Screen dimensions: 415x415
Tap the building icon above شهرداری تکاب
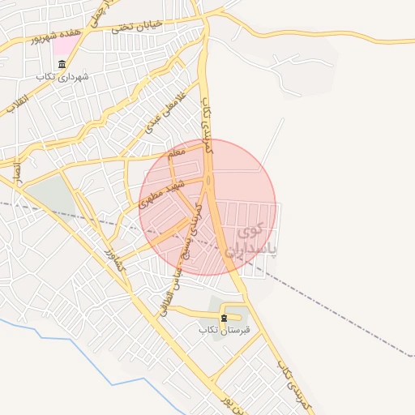[x=62, y=64]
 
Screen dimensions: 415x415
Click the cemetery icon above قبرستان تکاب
[x=225, y=318]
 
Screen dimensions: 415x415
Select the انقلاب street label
[x=19, y=102]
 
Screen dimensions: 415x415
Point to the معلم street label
[x=174, y=152]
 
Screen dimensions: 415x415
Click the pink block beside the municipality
[x=62, y=43]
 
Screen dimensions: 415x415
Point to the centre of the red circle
[x=207, y=207]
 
